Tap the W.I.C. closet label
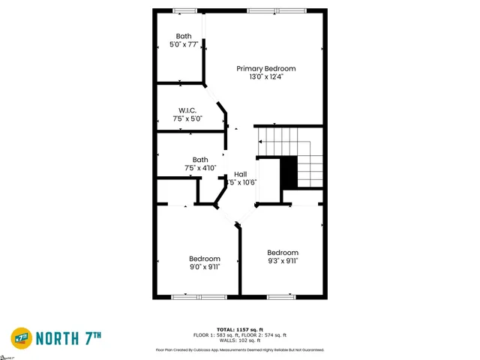187,110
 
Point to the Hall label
240,174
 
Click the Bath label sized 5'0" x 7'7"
184,36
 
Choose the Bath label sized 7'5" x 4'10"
200,159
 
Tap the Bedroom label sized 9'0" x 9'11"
204,258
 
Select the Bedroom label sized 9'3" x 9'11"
283,253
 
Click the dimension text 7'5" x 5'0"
187,118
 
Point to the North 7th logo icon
23,338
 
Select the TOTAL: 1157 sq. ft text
239,329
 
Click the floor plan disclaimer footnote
239,349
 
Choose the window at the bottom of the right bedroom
281,297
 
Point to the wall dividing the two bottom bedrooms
240,262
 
